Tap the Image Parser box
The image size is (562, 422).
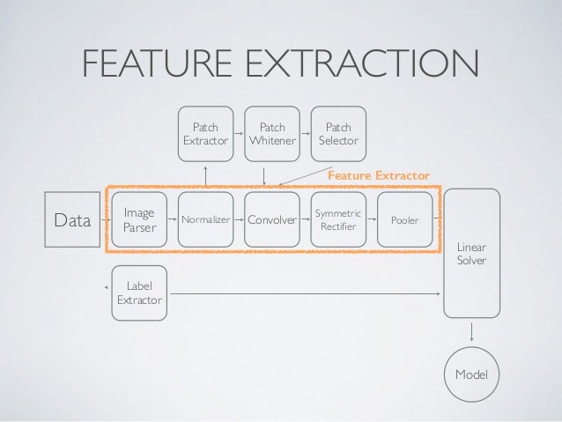138,220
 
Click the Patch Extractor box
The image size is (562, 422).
205,133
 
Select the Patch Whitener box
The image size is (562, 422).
272,133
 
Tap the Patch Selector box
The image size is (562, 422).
339,133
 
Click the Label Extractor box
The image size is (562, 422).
139,293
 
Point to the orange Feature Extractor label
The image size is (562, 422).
378,176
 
